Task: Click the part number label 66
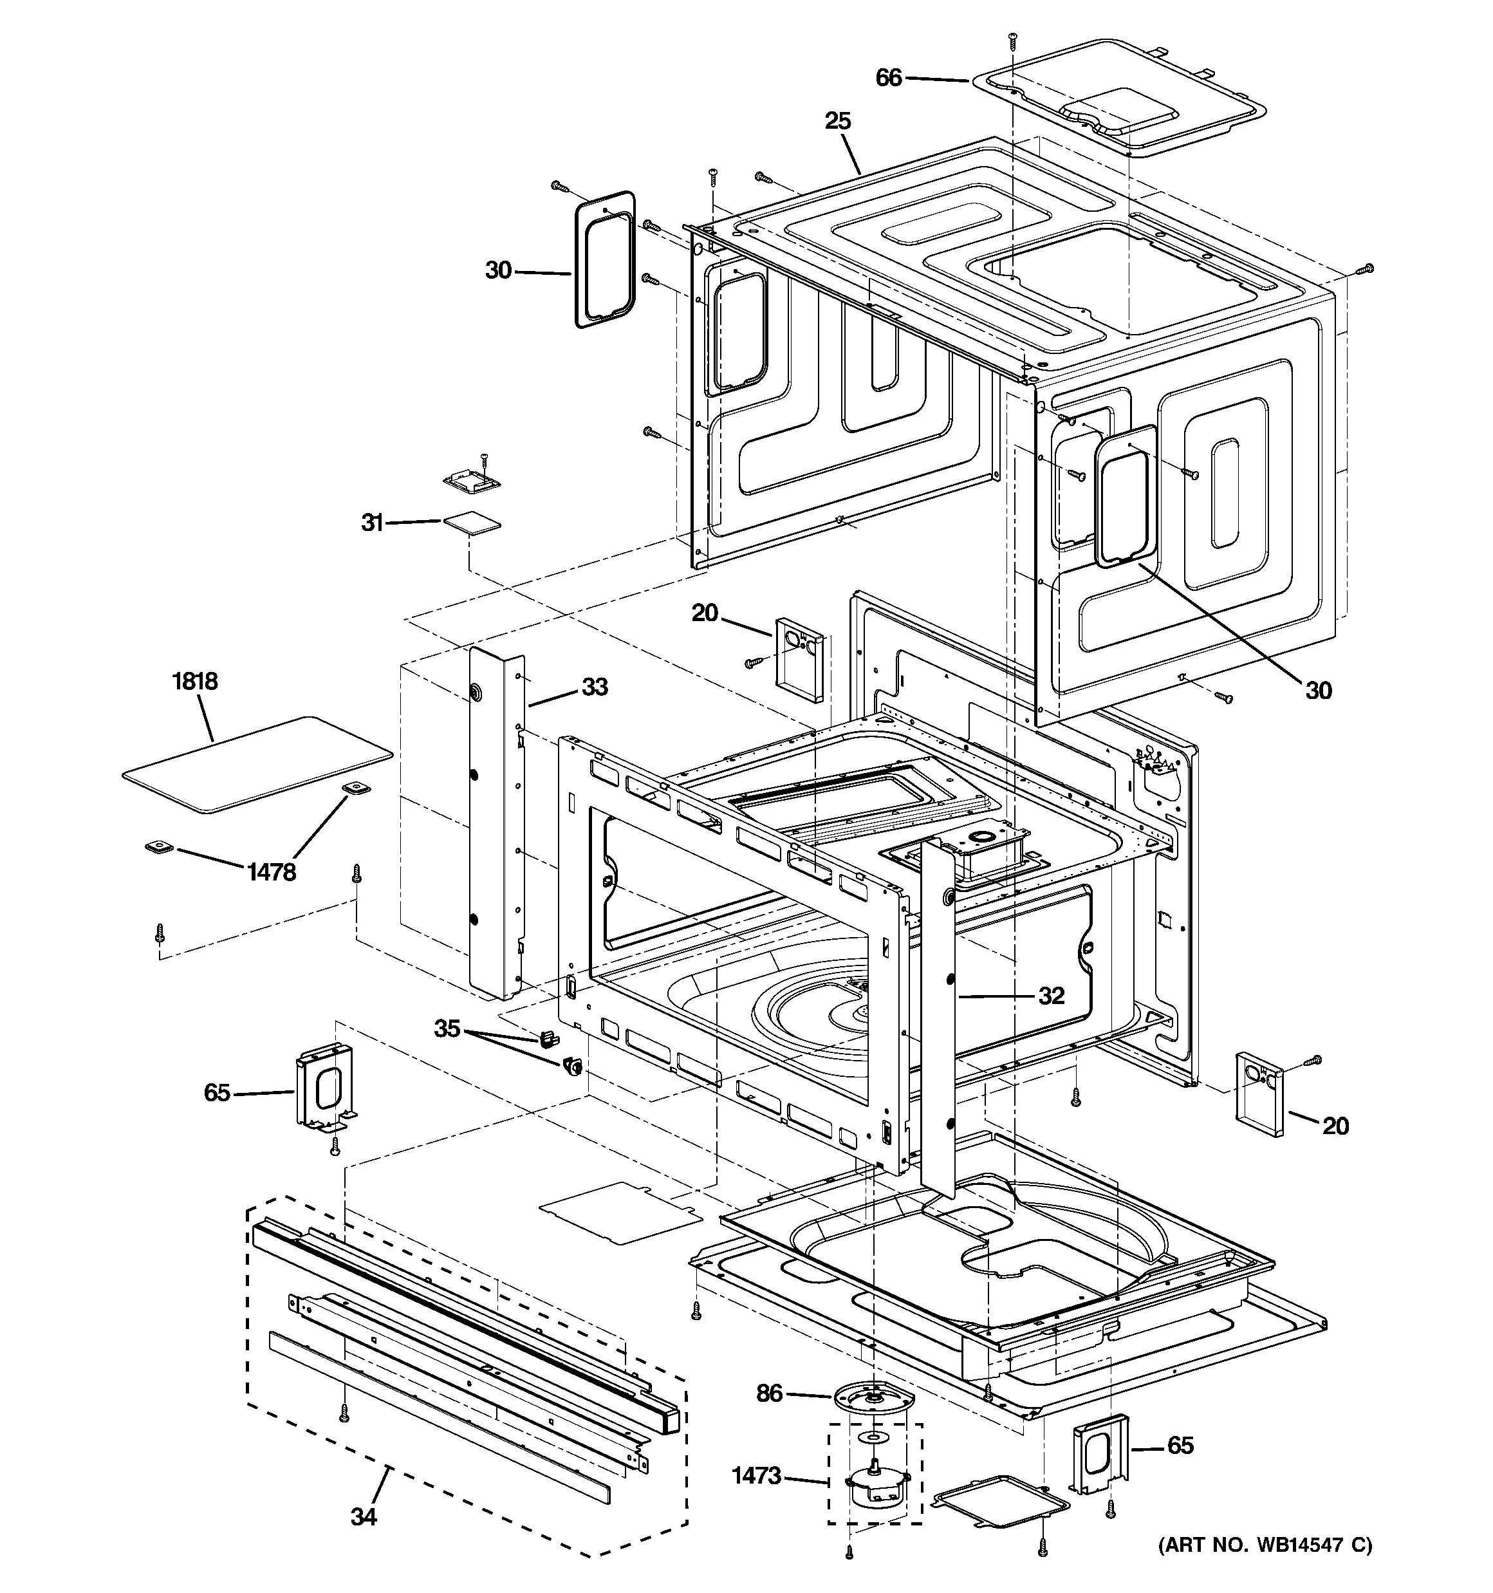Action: pyautogui.click(x=889, y=78)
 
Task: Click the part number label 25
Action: pyautogui.click(x=837, y=121)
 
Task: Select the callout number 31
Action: pyautogui.click(x=372, y=523)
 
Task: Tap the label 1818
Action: pyautogui.click(x=195, y=681)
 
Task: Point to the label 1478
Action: pyautogui.click(x=272, y=872)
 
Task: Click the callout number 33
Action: pyautogui.click(x=594, y=687)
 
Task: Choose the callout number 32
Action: pyautogui.click(x=1051, y=995)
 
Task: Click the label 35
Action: pyautogui.click(x=447, y=1028)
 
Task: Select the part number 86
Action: pyautogui.click(x=768, y=1393)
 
